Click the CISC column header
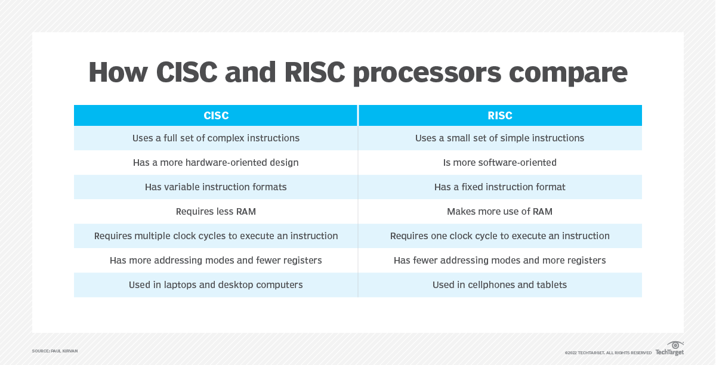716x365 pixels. [x=216, y=115]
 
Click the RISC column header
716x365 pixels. [x=500, y=115]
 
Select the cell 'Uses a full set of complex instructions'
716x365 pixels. [x=216, y=138]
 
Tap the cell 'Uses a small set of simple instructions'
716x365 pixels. [x=499, y=138]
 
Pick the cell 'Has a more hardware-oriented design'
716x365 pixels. [x=216, y=162]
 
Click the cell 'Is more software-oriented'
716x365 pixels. [x=499, y=162]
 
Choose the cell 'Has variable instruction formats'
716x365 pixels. [x=216, y=187]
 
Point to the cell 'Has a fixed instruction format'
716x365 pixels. [x=499, y=187]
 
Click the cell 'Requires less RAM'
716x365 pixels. [x=216, y=212]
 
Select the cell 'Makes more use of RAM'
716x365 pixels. [x=499, y=212]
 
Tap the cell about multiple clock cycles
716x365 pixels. [x=216, y=236]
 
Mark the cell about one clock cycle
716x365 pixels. [x=499, y=236]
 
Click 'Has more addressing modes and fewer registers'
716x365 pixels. [x=216, y=261]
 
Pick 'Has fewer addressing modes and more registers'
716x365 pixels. [x=499, y=261]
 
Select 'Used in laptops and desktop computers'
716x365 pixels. [x=216, y=284]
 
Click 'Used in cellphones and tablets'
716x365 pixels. [x=499, y=284]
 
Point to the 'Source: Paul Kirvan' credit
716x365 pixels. [x=55, y=351]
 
